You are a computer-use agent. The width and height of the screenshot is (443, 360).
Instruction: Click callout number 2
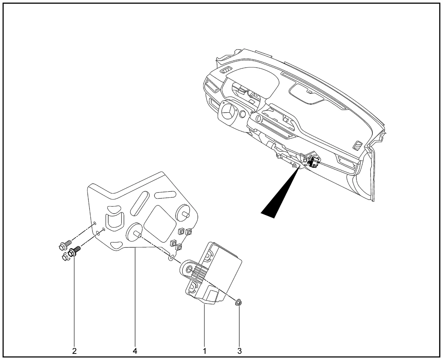click(x=74, y=351)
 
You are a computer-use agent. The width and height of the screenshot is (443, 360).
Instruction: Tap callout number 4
click(x=135, y=351)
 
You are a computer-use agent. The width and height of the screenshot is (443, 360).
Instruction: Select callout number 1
click(x=205, y=351)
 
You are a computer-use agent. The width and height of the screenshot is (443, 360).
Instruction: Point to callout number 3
click(x=239, y=351)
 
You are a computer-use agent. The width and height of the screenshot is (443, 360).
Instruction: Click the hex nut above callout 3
click(x=238, y=303)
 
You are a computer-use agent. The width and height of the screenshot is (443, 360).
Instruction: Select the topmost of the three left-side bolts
click(x=65, y=245)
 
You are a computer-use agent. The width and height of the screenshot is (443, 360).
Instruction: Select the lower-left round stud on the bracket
click(x=134, y=232)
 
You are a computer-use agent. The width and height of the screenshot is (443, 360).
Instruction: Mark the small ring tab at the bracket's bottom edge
click(x=171, y=258)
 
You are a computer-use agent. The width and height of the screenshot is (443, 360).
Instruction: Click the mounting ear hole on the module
click(x=189, y=270)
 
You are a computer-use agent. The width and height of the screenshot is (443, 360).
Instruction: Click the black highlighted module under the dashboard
click(x=314, y=162)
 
